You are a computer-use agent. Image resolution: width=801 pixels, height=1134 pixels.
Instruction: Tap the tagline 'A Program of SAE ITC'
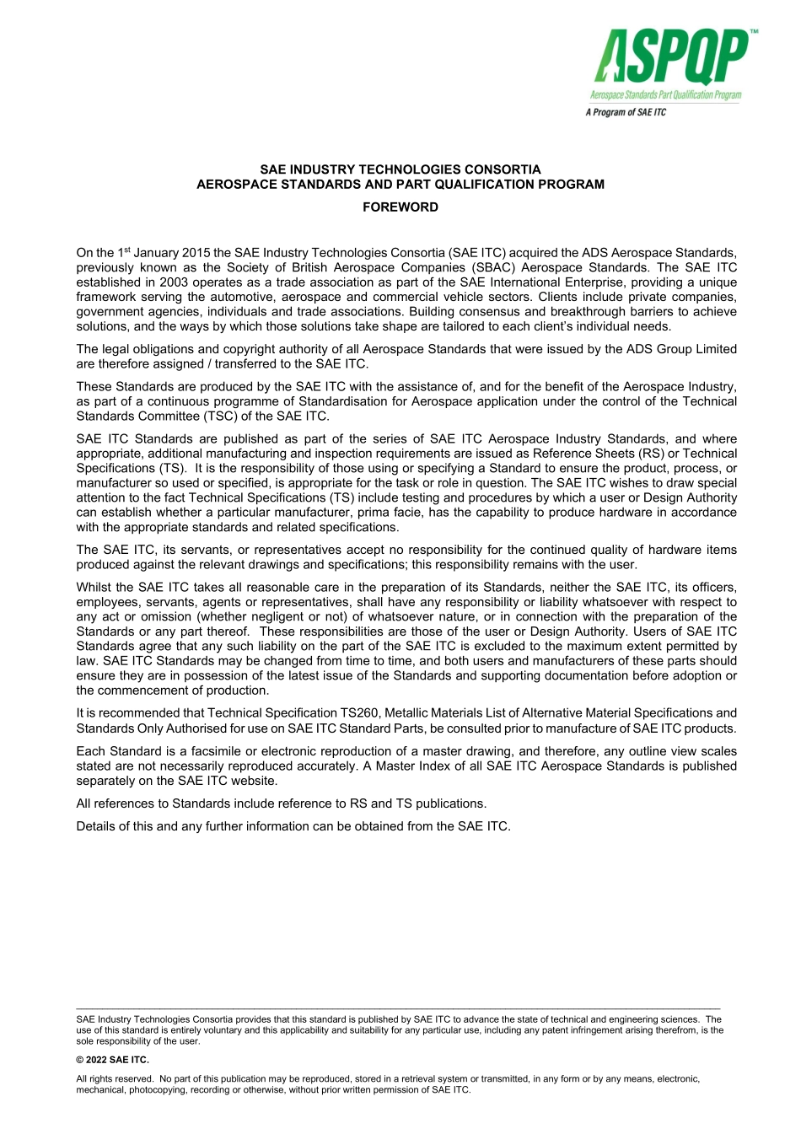click(626, 112)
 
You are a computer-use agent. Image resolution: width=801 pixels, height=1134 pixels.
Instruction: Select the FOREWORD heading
click(400, 207)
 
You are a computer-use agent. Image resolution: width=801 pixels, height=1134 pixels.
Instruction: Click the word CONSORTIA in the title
click(502, 169)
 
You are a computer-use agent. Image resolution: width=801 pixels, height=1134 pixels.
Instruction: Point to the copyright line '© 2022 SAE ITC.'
click(112, 1060)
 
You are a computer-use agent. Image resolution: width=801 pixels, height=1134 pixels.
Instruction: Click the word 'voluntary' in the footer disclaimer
click(184, 1030)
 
